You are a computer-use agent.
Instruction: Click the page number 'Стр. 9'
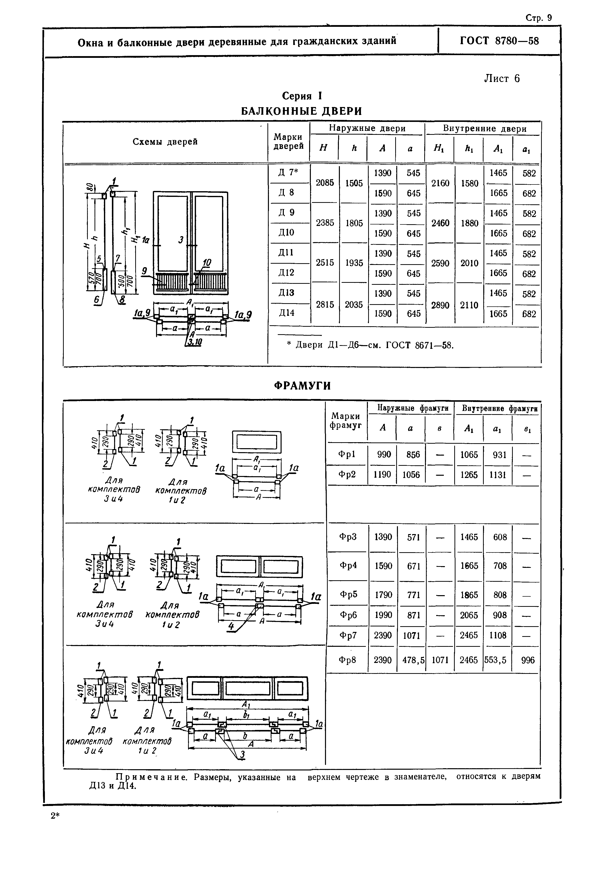(x=539, y=18)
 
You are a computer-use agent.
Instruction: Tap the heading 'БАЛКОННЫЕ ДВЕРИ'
(x=302, y=111)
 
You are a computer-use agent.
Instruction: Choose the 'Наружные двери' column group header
(x=367, y=129)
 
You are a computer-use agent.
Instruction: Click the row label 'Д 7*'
(x=288, y=172)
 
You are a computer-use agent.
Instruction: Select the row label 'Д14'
(x=286, y=313)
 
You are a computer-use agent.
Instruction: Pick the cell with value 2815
(x=325, y=305)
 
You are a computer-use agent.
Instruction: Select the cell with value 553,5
(x=497, y=660)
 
